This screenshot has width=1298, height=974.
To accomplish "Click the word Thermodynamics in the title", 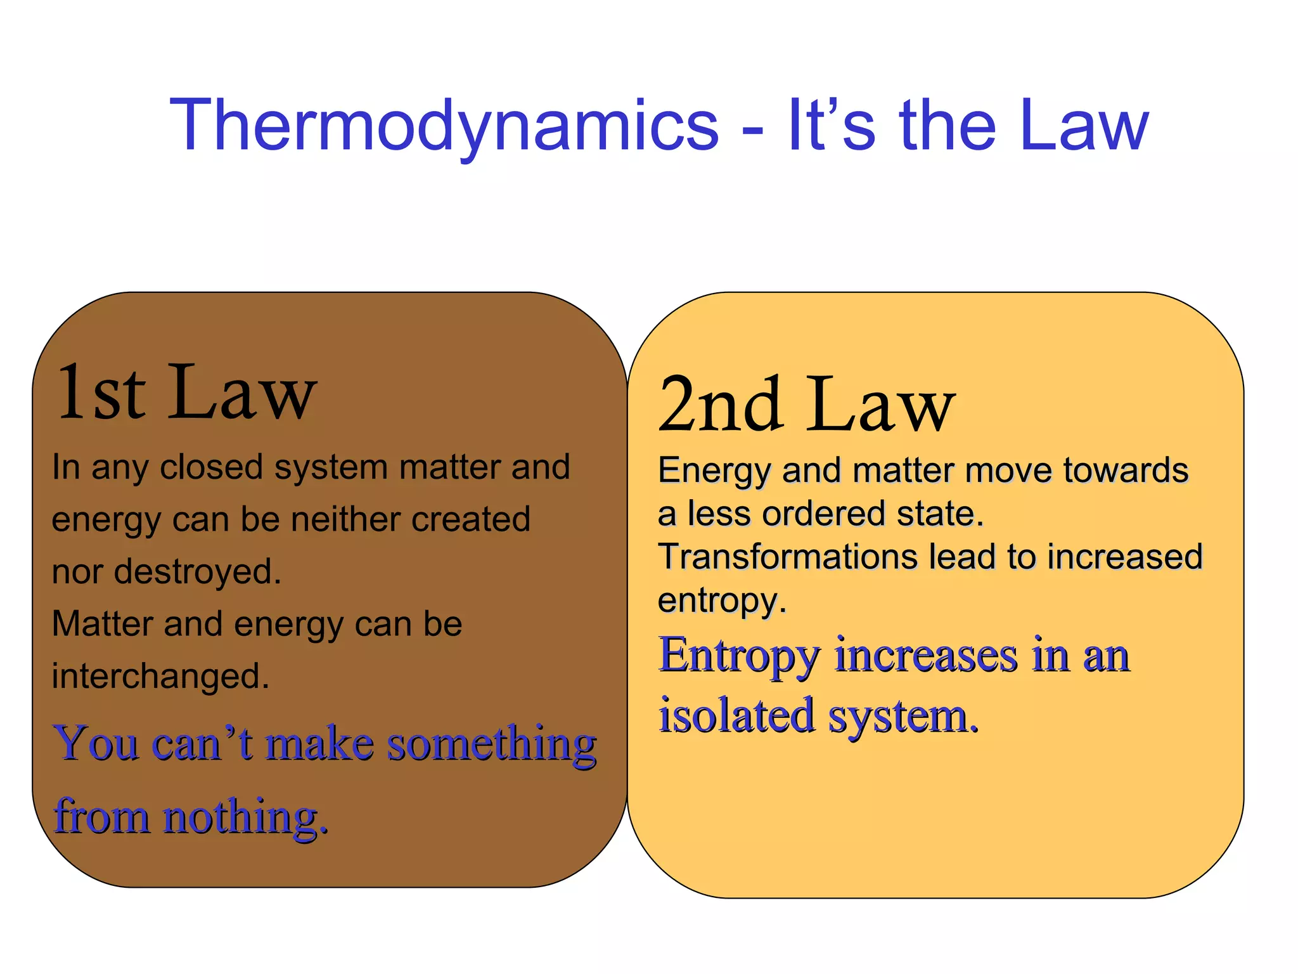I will [444, 127].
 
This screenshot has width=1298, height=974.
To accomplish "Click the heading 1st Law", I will [186, 393].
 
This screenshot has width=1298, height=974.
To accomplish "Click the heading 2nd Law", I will [806, 405].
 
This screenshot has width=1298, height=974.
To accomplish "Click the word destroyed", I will [196, 572].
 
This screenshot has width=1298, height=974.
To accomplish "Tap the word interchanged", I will [160, 676].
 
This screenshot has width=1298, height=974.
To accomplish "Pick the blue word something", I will [492, 744].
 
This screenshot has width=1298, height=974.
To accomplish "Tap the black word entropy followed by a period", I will [721, 601].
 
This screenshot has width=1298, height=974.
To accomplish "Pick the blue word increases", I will [926, 656].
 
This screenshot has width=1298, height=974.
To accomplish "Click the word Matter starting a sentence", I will [102, 624].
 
